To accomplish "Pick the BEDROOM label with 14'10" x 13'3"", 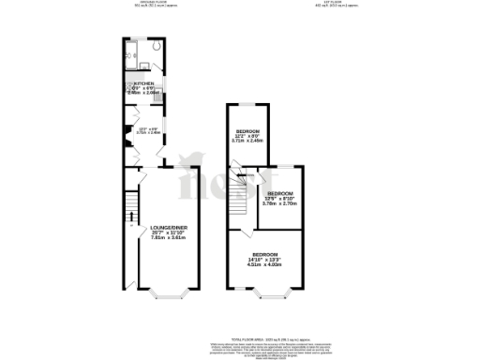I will (265, 254).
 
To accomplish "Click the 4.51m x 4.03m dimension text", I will (265, 265).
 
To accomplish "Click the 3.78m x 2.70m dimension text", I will (280, 203).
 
